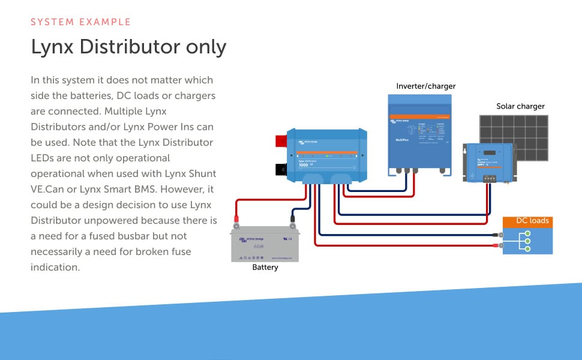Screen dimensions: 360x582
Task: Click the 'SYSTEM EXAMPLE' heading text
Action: (x=80, y=22)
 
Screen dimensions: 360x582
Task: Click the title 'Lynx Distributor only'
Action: (x=128, y=47)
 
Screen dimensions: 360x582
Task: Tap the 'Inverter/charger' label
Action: (x=425, y=86)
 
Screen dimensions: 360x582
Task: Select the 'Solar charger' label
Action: (x=520, y=106)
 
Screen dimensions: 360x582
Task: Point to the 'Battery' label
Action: (x=265, y=268)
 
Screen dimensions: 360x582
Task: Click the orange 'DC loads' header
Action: (x=527, y=221)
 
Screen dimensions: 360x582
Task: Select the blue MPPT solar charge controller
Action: (x=488, y=161)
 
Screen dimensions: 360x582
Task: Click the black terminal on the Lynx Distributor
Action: (x=280, y=170)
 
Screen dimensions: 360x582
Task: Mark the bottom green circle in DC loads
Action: (x=527, y=248)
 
